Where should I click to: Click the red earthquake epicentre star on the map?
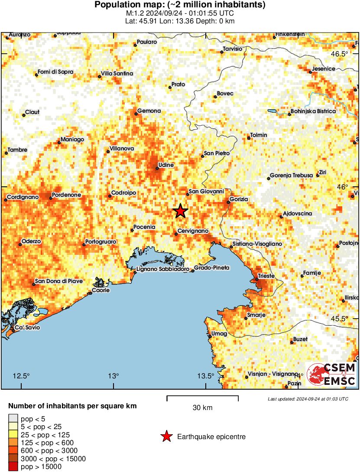tap(180, 211)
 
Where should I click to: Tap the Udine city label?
tap(166, 165)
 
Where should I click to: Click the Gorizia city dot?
tap(229, 202)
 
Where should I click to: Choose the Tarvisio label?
tap(232, 49)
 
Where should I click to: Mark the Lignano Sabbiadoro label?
tap(162, 269)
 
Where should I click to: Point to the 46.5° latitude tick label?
tap(339, 54)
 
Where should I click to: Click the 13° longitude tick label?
tap(114, 375)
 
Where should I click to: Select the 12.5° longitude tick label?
tap(21, 375)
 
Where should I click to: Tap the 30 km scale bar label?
tap(202, 407)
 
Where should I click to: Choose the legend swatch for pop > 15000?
tap(13, 466)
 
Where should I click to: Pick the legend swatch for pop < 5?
tap(13, 419)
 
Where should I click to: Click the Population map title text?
tap(180, 5)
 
